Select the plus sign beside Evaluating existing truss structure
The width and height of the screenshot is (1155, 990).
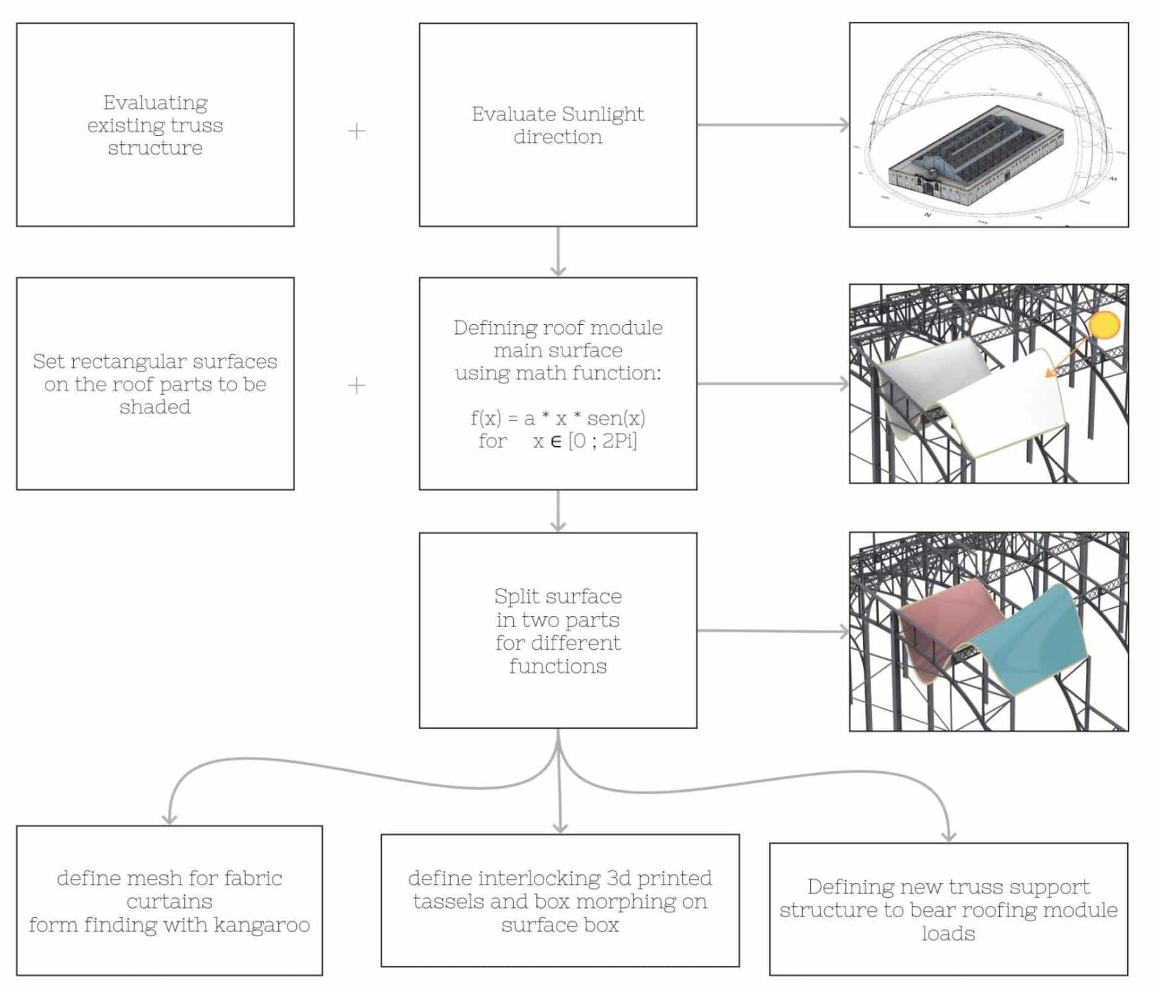pos(357,131)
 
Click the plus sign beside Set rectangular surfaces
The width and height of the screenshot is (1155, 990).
pos(357,385)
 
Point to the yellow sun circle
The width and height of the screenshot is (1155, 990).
pos(1103,325)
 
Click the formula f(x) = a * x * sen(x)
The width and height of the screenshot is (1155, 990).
pos(558,418)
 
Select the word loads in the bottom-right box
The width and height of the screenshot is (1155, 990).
pos(948,933)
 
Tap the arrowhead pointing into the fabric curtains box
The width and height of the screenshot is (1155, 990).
pos(170,818)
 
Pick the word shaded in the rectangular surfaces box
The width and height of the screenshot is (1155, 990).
pos(155,407)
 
